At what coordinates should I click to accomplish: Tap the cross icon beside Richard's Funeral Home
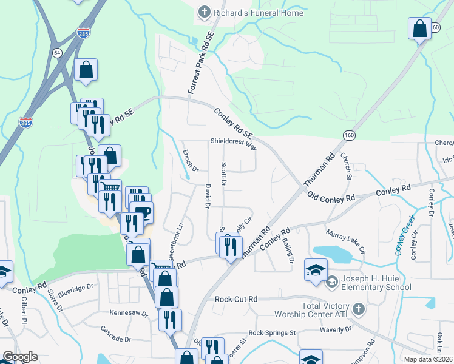coord(204,12)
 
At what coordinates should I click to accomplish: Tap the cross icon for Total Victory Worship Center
coord(358,310)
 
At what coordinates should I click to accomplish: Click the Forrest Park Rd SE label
coord(201,64)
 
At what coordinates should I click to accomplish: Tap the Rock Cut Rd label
coord(237,299)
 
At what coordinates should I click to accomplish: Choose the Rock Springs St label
coord(272,333)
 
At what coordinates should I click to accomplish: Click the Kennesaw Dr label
coord(129,313)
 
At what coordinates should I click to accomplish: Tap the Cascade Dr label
coord(117,336)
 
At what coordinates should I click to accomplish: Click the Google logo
coord(20,357)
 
